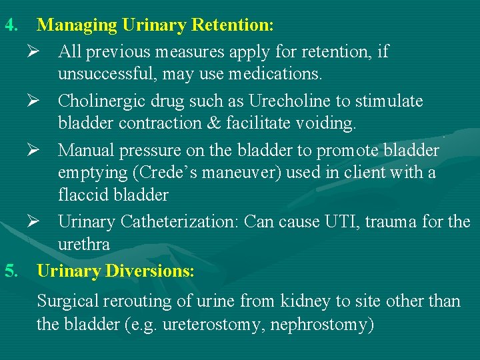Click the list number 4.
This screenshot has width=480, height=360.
10,25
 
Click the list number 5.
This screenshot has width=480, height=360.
10,271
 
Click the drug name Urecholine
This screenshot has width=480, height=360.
289,101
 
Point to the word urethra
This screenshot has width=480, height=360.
83,245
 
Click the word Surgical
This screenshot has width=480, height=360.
67,301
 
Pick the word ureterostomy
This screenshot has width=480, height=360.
201,325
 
